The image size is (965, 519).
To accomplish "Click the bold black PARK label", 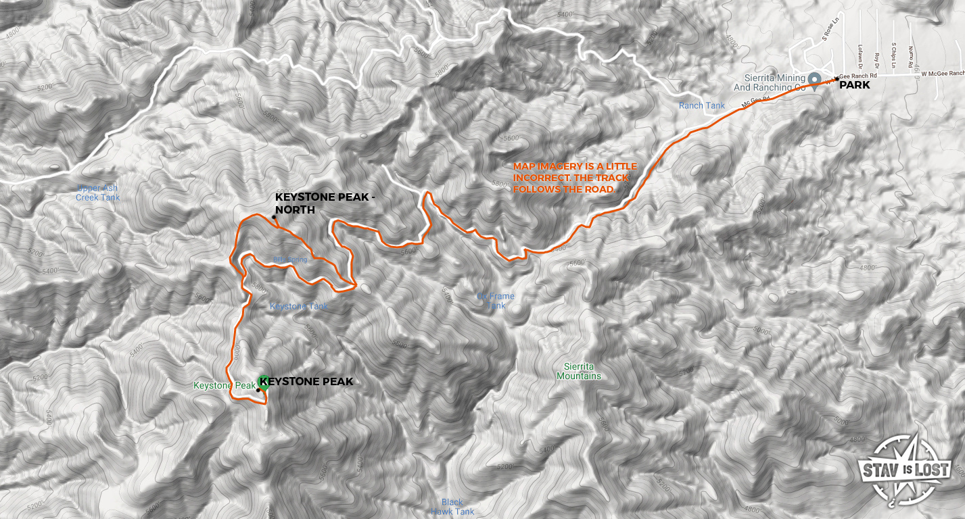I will click(855, 85).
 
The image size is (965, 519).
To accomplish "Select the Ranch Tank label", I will click(702, 105).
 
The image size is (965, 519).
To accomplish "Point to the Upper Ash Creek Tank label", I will click(98, 193).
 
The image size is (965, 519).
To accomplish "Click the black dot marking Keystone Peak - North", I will click(274, 217).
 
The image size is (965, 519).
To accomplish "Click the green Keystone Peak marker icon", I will click(263, 382).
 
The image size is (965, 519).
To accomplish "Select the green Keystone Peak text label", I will click(224, 385).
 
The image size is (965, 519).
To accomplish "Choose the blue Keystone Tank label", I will click(299, 306).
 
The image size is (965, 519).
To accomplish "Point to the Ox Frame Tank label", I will click(496, 301).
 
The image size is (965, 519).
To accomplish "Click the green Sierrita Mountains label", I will click(578, 371).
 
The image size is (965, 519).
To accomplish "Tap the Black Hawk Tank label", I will click(452, 507).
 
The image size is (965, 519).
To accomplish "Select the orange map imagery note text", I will click(571, 178).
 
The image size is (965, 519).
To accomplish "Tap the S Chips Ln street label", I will click(893, 56).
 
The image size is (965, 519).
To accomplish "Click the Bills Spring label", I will click(291, 259).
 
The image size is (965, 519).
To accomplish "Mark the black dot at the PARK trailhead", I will click(837, 79).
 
